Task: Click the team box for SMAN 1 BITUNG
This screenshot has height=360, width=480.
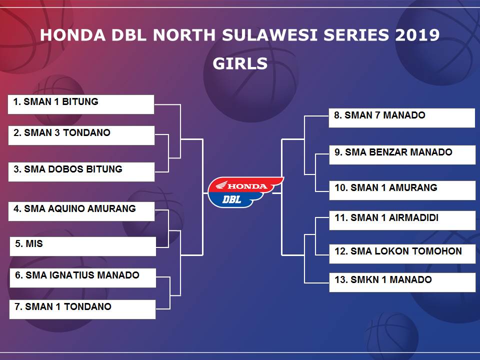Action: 81,104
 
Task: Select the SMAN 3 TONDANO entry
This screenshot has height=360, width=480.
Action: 81,135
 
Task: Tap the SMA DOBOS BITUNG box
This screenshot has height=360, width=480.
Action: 81,171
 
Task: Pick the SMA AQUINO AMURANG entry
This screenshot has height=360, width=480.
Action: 81,211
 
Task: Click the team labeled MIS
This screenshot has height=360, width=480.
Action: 83,246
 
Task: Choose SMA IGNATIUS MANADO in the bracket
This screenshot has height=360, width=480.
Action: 83,278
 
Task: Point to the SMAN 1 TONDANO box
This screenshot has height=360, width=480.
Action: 82,309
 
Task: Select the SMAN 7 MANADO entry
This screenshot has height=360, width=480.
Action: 402,118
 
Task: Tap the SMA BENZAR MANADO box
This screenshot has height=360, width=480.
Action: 402,155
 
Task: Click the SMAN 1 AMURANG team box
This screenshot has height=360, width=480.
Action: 402,190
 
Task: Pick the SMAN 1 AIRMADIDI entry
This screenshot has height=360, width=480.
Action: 402,220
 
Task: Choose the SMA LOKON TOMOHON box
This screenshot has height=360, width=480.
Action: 402,254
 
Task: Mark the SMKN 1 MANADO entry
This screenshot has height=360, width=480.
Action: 402,282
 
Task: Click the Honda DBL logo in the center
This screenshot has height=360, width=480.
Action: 245,192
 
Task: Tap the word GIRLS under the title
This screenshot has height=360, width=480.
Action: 240,63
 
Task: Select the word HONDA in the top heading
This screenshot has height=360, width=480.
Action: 73,35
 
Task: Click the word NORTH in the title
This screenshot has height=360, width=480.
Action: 184,35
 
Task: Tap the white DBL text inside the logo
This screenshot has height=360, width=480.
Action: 231,199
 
